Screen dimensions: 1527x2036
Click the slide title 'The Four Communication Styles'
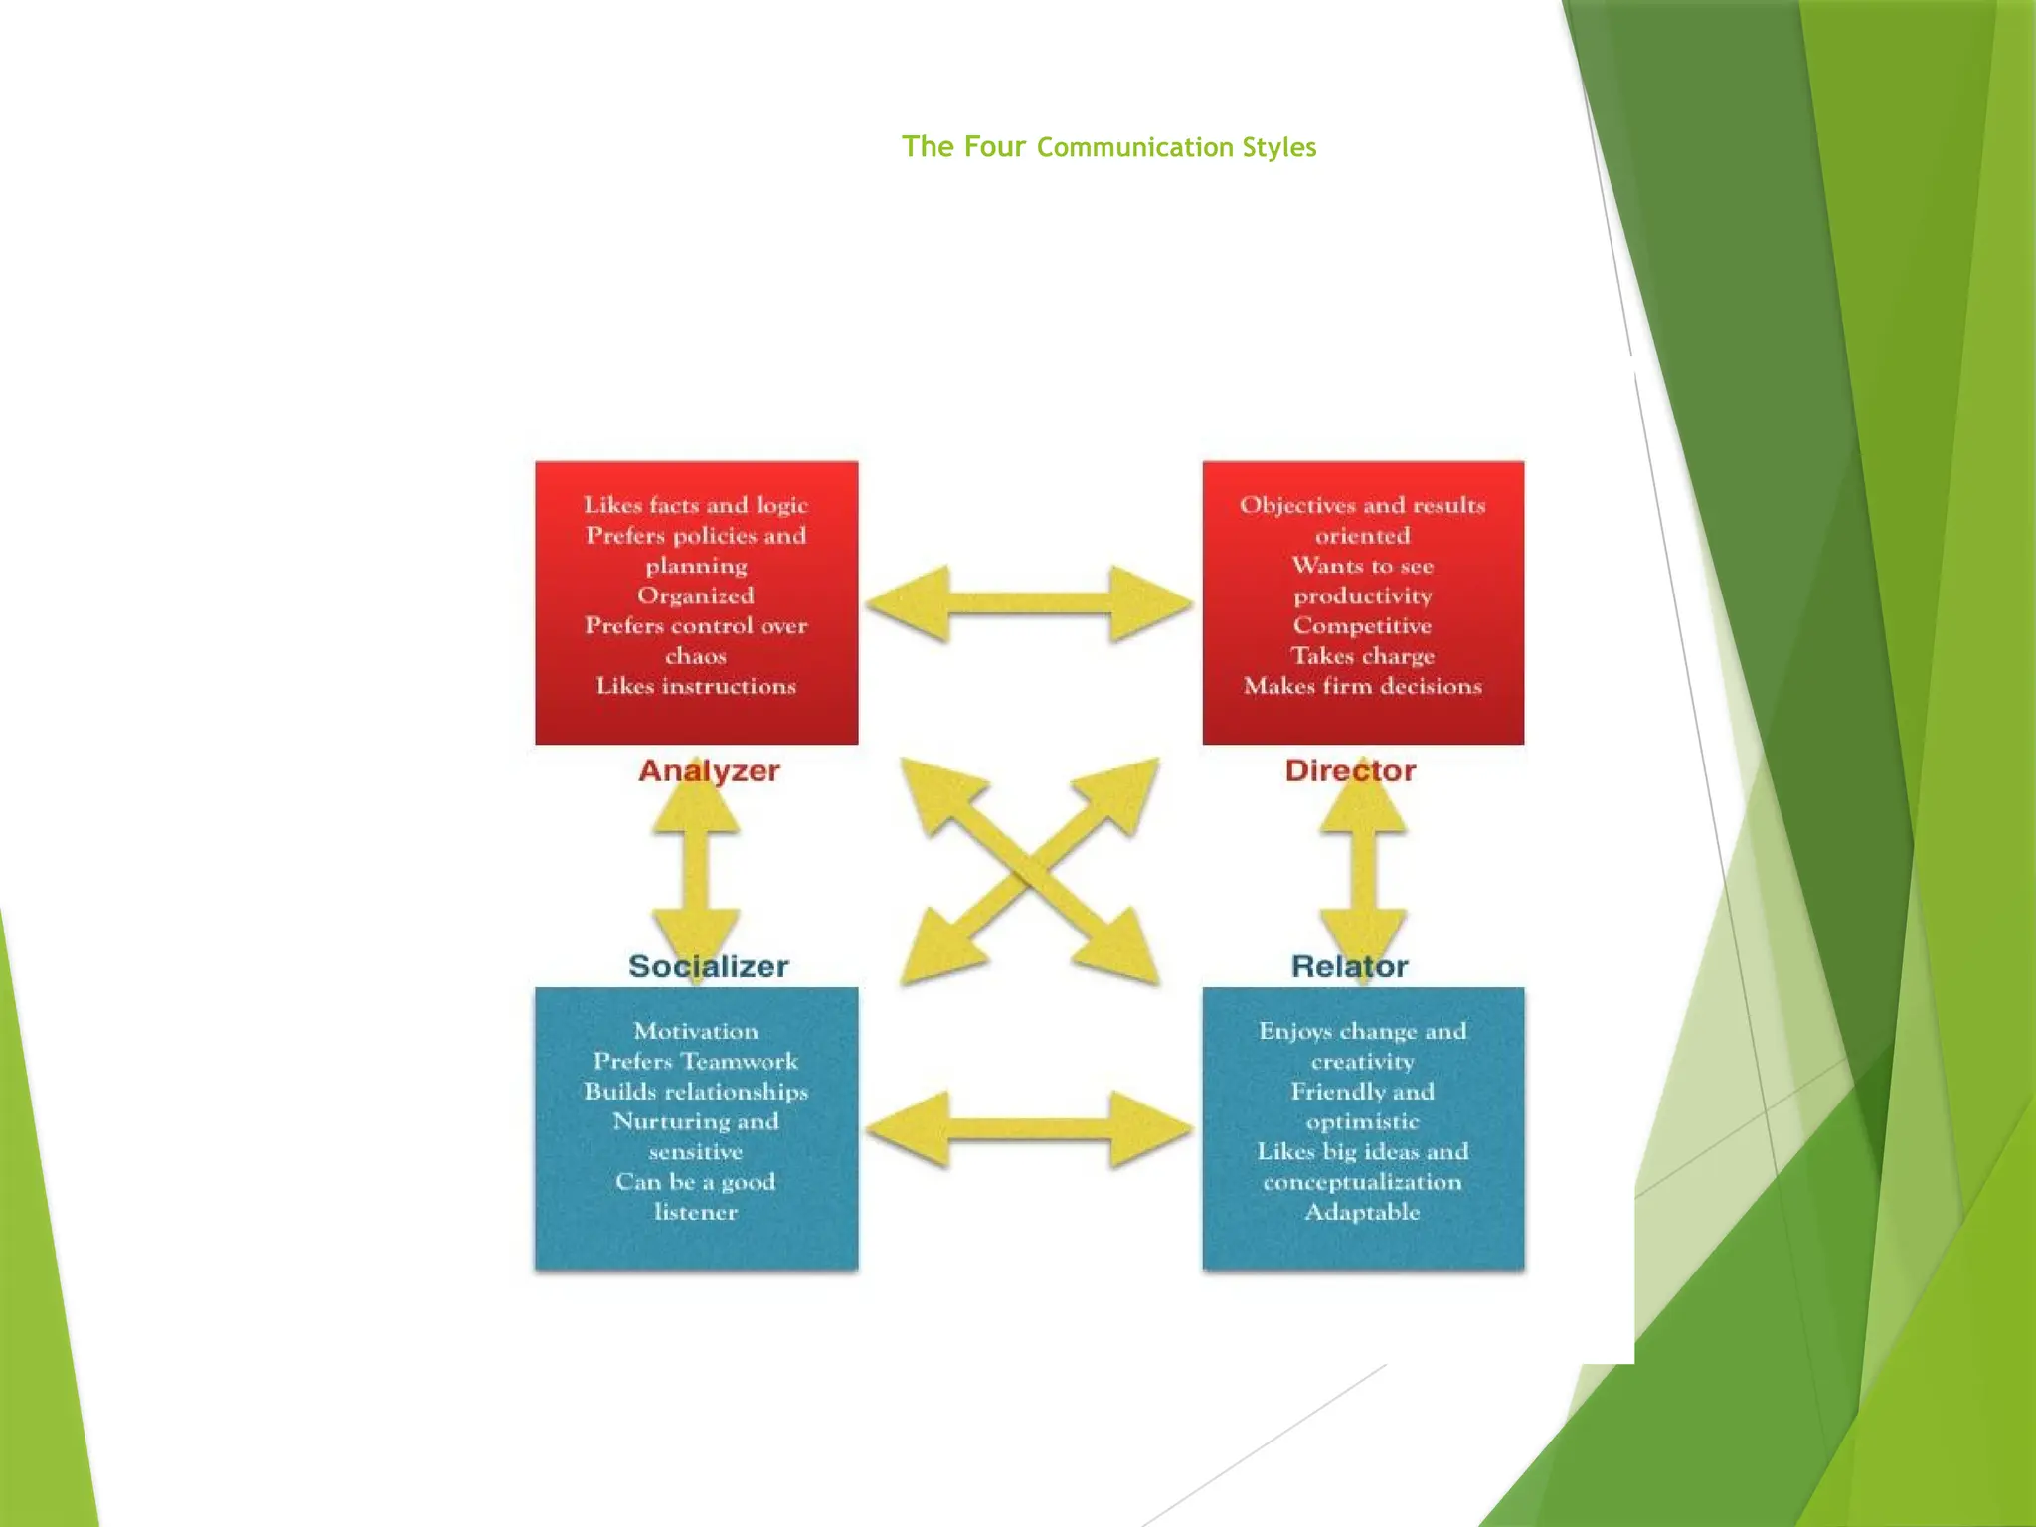1108,147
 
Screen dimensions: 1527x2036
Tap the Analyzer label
709,770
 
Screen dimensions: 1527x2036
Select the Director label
1350,770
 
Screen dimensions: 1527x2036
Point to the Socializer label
709,966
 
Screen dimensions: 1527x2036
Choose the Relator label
1349,966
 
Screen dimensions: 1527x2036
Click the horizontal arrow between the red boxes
1029,603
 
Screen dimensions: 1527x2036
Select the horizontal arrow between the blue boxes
1029,1128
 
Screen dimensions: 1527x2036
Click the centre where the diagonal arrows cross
1030,872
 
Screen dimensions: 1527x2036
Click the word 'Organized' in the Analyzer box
696,595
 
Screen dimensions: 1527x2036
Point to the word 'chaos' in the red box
696,656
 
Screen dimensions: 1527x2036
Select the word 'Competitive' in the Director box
1362,626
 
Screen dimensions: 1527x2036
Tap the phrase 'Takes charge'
1362,656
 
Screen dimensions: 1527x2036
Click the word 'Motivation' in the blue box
696,1031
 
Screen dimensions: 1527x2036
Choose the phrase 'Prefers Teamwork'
696,1061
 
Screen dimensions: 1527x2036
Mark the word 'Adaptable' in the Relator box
1362,1212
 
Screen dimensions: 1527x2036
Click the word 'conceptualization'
1362,1182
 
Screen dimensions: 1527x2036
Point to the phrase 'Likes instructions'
696,686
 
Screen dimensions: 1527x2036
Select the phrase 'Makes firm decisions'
1362,686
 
